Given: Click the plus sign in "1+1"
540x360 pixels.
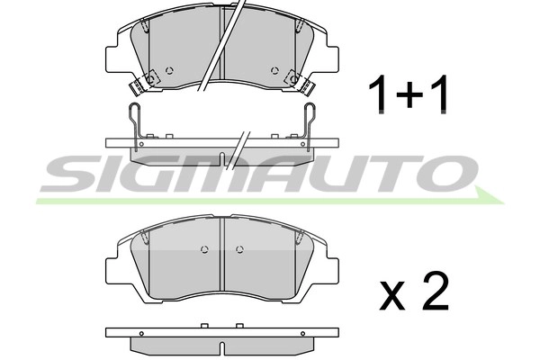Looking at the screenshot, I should pyautogui.click(x=409, y=94).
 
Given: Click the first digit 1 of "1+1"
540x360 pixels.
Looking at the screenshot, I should pyautogui.click(x=381, y=94).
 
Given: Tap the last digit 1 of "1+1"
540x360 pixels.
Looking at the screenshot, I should pyautogui.click(x=438, y=94).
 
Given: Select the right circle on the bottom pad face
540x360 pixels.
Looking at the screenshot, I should pyautogui.click(x=238, y=249).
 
